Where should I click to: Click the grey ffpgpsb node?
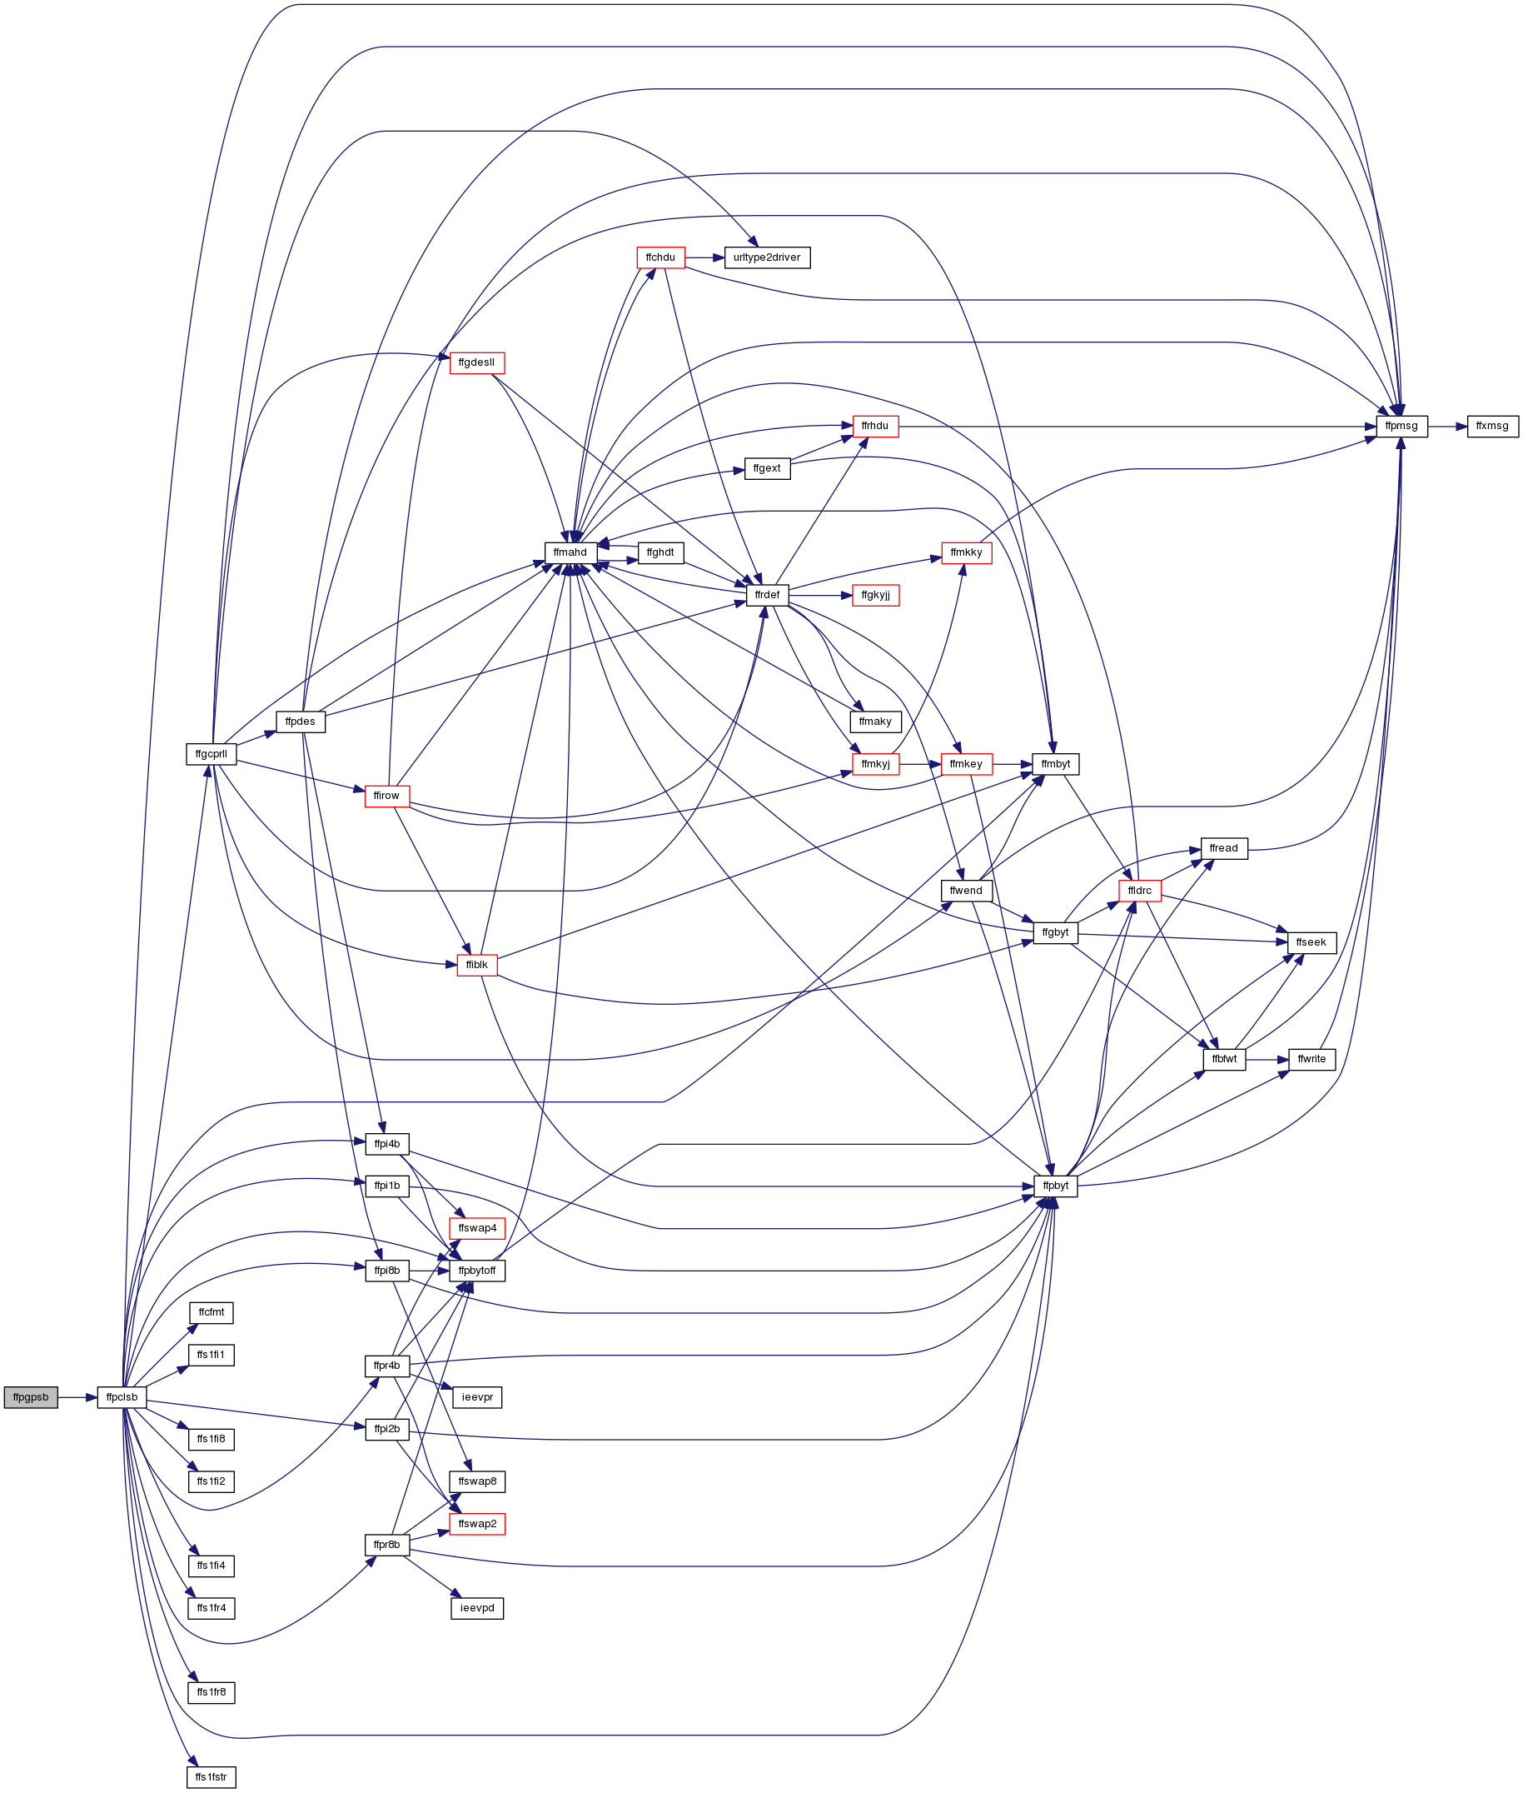pos(30,1397)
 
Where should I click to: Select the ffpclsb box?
pos(122,1397)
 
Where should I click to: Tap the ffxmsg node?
pos(1492,427)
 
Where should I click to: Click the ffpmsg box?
pos(1401,427)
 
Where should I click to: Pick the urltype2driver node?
pos(767,257)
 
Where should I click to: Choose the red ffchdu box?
pos(660,257)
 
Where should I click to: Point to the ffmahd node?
pos(570,552)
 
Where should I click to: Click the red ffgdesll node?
pos(476,362)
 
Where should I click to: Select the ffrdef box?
pos(767,595)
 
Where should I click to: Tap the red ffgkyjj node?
pos(875,595)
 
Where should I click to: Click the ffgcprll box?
pos(211,754)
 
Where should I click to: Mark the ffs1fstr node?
pos(211,1776)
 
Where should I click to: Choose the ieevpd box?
pos(476,1608)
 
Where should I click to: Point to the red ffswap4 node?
pos(476,1228)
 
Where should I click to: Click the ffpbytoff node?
pos(476,1271)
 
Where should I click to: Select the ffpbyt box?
pos(1055,1186)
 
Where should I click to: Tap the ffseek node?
pos(1311,942)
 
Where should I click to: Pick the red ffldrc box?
pos(1139,891)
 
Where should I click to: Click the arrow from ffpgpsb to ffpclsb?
pos(77,1397)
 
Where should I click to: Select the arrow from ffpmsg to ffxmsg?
pos(1447,427)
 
